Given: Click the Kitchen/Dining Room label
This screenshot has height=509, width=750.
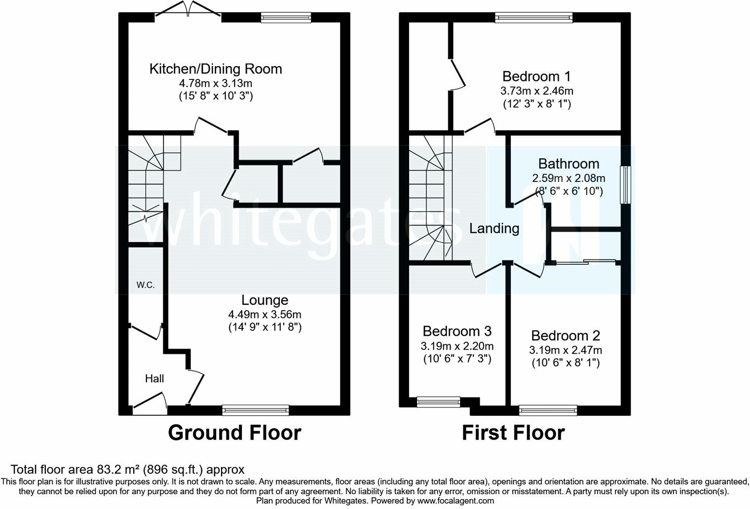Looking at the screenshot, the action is point(216,69).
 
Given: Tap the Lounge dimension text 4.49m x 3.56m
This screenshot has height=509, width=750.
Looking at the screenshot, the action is point(265,315).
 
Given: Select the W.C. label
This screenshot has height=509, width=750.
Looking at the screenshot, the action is point(146,285).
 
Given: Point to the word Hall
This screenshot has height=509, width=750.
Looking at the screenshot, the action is point(154,378).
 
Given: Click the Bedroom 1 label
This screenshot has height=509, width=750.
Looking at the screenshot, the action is point(536,76).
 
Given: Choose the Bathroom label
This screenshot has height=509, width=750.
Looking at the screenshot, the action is point(569,164).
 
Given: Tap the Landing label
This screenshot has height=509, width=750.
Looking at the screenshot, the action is point(494,228).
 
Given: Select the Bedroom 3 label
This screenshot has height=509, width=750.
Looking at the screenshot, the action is point(457,331).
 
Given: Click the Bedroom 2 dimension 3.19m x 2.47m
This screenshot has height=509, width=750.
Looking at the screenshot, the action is point(565,350).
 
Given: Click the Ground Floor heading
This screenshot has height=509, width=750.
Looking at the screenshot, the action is point(234,433).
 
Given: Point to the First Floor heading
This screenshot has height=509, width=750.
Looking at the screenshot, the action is point(514,433).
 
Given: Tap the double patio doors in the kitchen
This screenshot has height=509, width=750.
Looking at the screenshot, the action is point(188,10).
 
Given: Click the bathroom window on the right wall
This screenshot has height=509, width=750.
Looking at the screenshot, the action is point(625,185).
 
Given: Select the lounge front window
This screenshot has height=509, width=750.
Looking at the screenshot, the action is point(256,410).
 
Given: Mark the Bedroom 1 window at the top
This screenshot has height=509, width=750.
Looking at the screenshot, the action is point(534,17).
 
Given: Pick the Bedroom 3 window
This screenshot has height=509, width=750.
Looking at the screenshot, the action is point(439,402).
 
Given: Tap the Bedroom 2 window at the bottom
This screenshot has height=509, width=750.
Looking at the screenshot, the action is point(548,410).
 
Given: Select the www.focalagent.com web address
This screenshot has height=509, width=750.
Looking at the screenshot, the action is point(455,501).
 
